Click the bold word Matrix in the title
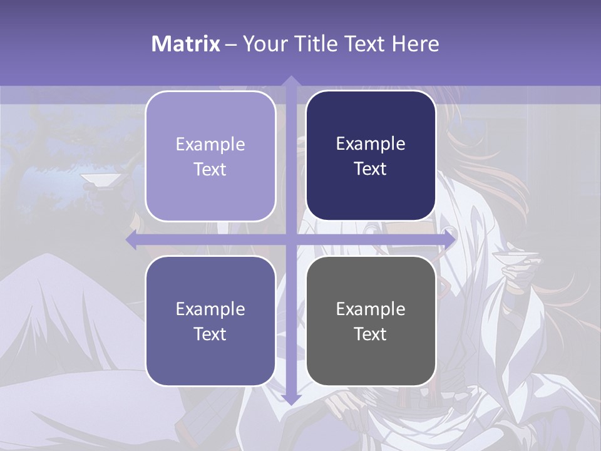186,44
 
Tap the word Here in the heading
416,44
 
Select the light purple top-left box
210,156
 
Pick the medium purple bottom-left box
210,321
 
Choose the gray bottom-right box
371,321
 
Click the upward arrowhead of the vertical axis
290,81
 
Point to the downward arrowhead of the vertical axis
290,399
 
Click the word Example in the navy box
371,143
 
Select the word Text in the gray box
371,334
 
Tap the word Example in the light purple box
210,144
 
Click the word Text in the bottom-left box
210,334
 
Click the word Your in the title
261,44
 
